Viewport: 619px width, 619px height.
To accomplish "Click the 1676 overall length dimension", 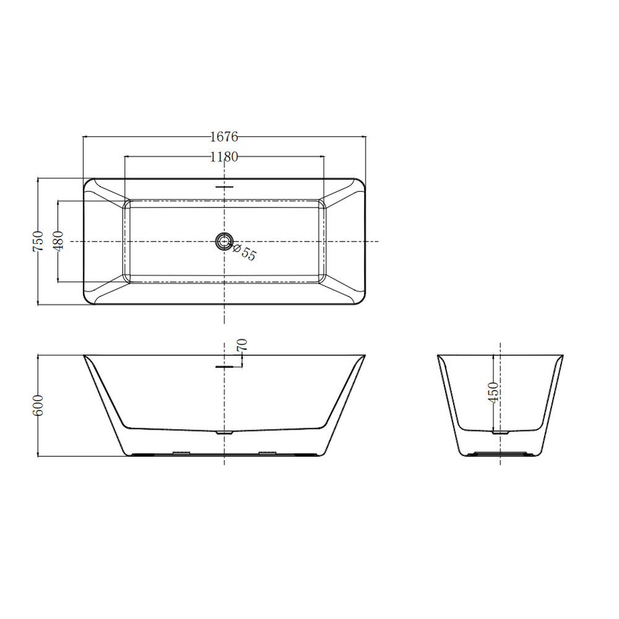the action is [x=224, y=137].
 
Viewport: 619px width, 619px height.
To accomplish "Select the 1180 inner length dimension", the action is [x=224, y=157].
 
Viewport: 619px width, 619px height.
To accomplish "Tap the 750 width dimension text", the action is [x=38, y=241].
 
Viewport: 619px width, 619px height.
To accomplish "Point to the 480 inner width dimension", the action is [x=58, y=241].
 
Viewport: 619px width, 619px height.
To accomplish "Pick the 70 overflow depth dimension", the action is [x=242, y=345].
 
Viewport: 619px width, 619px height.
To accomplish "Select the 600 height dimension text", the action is [x=38, y=405].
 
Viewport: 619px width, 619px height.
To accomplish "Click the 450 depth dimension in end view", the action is [x=493, y=392].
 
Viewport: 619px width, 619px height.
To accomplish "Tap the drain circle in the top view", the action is [x=224, y=241].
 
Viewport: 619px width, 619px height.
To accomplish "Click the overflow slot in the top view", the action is [x=224, y=187].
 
